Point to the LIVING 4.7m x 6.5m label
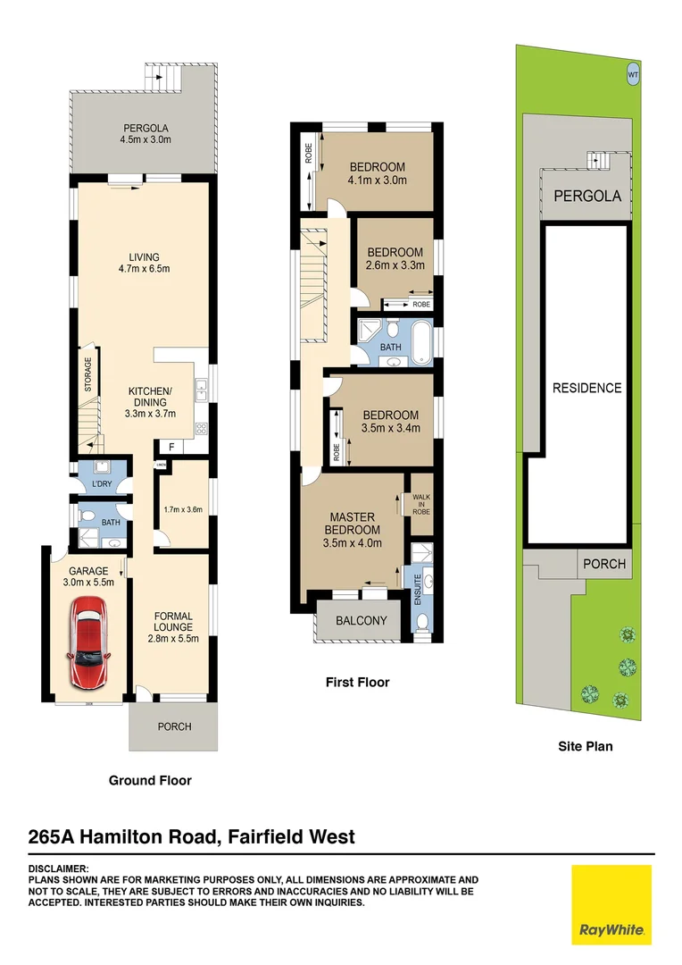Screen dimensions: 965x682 (x=143, y=264)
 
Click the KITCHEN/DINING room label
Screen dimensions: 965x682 (x=149, y=402)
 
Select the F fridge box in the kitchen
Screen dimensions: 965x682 (x=170, y=447)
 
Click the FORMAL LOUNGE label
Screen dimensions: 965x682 (x=174, y=626)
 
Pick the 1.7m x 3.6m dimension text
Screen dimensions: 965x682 (x=184, y=510)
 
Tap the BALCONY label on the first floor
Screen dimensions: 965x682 (x=361, y=621)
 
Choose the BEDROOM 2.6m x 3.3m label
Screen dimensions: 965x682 (x=394, y=258)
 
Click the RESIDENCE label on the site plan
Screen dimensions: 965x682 (x=586, y=388)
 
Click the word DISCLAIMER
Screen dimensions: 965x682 (x=59, y=868)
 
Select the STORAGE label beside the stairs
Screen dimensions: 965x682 (x=87, y=375)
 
